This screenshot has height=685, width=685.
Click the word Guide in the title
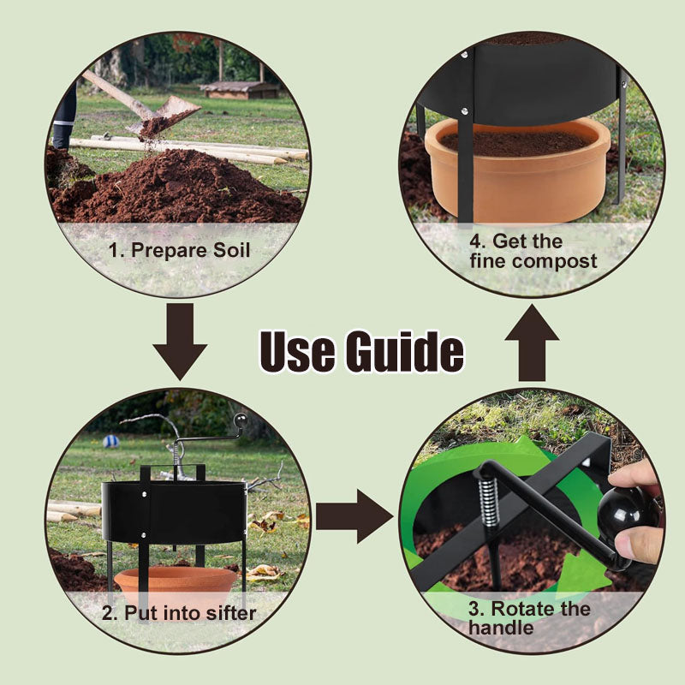(x=404, y=351)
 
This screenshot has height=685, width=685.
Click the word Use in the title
(x=298, y=351)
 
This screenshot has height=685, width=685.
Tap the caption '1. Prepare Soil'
(x=179, y=250)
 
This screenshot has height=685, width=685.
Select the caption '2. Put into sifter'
(x=179, y=613)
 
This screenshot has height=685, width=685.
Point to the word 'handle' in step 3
(x=501, y=628)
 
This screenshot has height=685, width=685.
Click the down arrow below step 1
(x=180, y=342)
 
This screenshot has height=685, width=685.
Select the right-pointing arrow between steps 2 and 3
(x=354, y=516)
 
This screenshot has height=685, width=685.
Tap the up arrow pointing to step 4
(x=532, y=343)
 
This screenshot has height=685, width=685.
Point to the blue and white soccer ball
(x=111, y=441)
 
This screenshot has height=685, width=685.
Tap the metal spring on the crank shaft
(x=488, y=503)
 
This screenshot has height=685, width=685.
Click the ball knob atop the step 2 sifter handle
(x=240, y=420)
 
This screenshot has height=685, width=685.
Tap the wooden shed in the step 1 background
(x=240, y=90)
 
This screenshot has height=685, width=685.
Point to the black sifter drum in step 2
(x=175, y=512)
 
